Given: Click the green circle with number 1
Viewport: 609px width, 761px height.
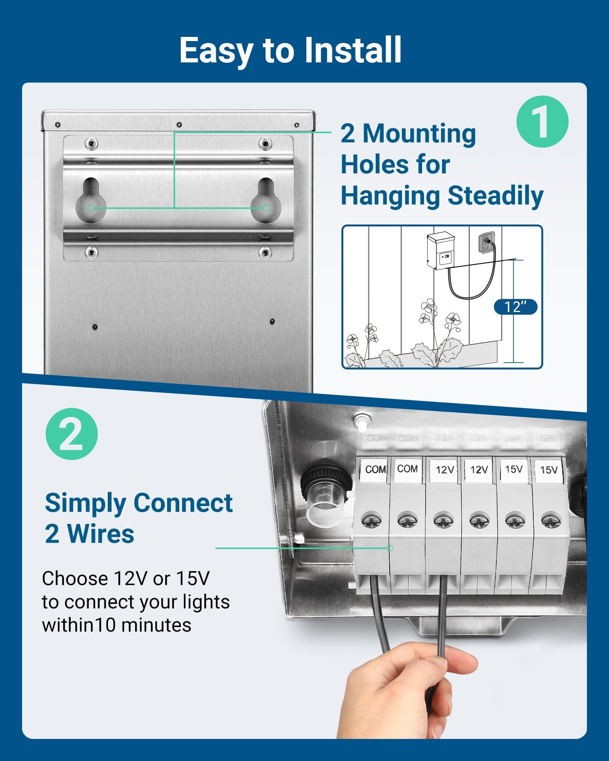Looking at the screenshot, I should tap(542, 122).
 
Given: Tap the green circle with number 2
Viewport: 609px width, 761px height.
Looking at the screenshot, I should tap(72, 434).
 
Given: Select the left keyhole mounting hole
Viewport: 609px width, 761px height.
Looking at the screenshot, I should tap(91, 201).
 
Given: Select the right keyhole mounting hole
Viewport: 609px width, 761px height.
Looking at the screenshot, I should tap(266, 201).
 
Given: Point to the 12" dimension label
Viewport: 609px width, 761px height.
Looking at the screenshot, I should tap(515, 307).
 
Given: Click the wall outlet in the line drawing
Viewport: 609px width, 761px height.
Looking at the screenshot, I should tap(486, 242).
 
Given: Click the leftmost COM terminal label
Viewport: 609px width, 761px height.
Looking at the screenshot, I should tap(375, 470).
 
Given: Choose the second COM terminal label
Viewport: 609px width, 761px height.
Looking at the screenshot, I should tap(407, 469).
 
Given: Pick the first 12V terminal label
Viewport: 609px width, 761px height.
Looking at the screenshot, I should tap(444, 470).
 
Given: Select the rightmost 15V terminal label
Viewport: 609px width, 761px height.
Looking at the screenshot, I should tap(548, 470).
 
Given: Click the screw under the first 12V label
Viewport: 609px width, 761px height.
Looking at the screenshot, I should tap(443, 521).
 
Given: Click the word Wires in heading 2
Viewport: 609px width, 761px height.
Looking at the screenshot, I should tap(100, 534).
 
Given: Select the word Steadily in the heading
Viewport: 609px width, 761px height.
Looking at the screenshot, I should tap(495, 196).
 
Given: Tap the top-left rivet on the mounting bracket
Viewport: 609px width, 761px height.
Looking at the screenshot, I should tap(91, 144).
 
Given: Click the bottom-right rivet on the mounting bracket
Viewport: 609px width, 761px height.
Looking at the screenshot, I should tap(265, 252).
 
